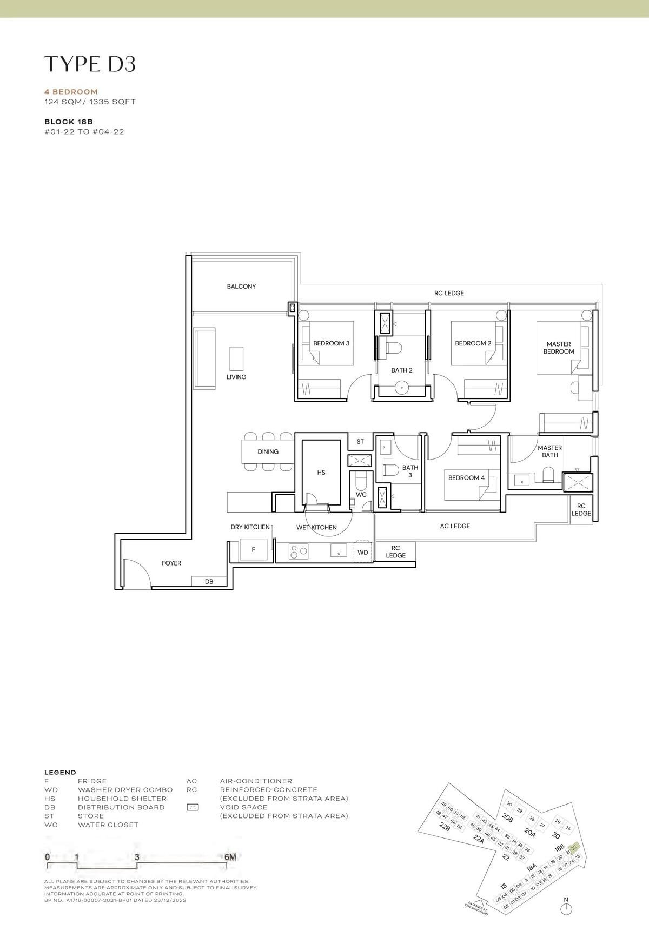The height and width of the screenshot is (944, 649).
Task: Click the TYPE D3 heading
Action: coord(90,64)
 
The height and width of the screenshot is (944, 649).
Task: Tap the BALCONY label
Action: coord(241,287)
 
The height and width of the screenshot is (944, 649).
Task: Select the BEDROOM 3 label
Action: coord(331,343)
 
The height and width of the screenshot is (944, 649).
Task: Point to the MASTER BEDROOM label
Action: coord(559,348)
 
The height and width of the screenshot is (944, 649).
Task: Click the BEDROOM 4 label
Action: coord(466,478)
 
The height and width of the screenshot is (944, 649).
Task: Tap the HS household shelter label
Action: coord(321,473)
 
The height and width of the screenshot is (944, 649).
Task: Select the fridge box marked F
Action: coord(254,550)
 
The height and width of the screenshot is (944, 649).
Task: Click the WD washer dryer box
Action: coord(363,552)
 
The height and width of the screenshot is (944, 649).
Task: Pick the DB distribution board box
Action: coord(209,582)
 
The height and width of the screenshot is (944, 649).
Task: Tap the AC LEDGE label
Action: coord(455,526)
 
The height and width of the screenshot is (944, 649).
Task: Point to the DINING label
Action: coord(268,451)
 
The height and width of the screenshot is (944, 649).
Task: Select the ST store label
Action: coord(360,442)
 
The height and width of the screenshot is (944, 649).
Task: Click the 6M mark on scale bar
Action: coord(230,857)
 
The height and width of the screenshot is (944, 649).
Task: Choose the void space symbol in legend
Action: coord(192,807)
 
